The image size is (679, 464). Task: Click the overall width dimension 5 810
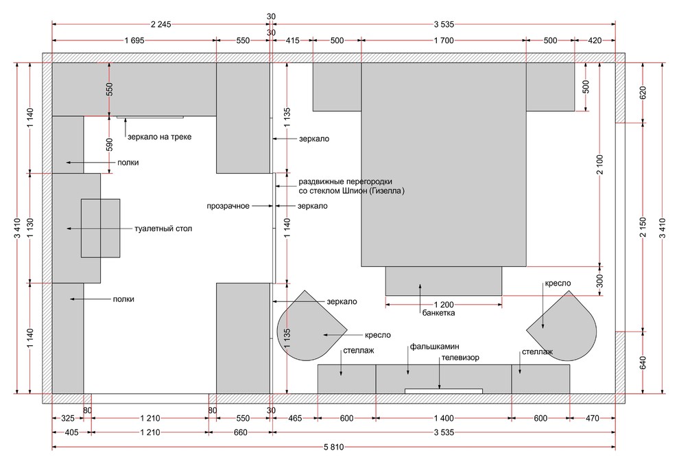(x=333, y=447)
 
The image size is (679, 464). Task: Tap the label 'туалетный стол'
(x=163, y=229)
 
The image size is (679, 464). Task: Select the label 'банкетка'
(x=439, y=313)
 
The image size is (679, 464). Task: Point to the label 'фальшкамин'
(x=435, y=347)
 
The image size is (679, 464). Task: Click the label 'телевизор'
(x=460, y=358)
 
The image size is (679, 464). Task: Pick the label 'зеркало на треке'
(x=159, y=137)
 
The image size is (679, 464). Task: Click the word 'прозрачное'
(x=228, y=206)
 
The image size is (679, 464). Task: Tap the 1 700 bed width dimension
(x=444, y=40)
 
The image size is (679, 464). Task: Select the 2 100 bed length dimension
(x=599, y=165)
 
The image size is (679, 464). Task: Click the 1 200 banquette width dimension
(x=444, y=305)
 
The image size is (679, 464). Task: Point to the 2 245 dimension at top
(x=160, y=24)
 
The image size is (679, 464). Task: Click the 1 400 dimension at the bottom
(x=444, y=418)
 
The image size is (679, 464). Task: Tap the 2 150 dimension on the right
(x=643, y=227)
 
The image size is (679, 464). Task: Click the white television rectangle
(x=444, y=391)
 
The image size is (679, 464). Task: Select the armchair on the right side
(x=562, y=326)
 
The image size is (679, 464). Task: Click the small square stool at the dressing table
(x=100, y=229)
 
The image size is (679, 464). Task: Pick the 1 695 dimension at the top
(x=134, y=40)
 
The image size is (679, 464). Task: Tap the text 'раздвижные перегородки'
(x=345, y=181)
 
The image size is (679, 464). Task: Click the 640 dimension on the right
(x=643, y=362)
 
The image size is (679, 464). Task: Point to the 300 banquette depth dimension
(x=599, y=281)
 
